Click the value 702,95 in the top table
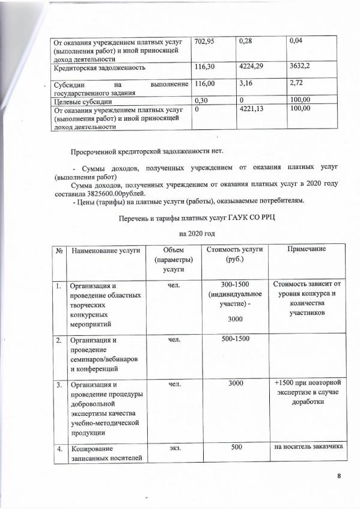coord(207,41)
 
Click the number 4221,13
coord(252,110)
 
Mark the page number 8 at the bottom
coord(339,477)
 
